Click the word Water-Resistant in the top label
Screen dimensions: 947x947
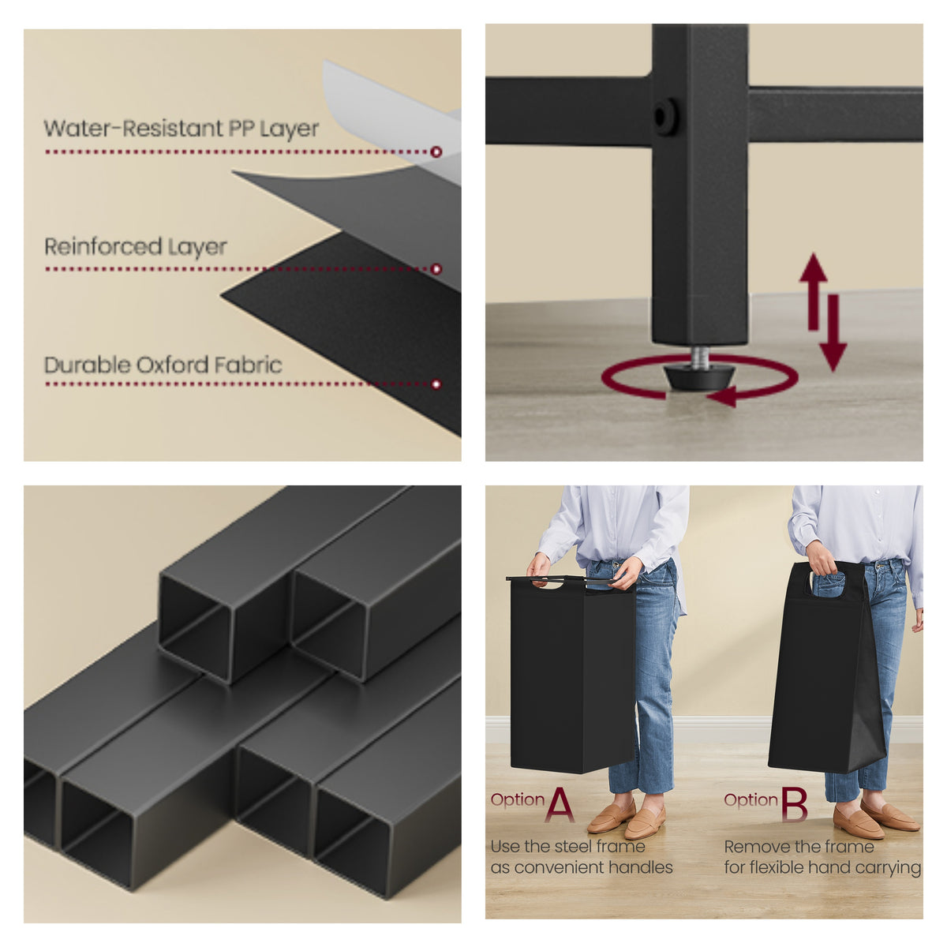click(133, 129)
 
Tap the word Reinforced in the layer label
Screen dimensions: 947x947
click(103, 246)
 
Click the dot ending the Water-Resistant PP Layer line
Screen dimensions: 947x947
click(436, 152)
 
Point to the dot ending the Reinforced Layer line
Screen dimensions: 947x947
click(436, 269)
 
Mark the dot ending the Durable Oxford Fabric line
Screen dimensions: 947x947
click(436, 384)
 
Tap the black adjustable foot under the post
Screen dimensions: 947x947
click(699, 376)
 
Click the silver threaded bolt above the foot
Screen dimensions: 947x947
click(700, 355)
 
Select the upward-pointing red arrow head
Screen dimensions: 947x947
click(814, 268)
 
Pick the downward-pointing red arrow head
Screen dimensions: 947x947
click(833, 357)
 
